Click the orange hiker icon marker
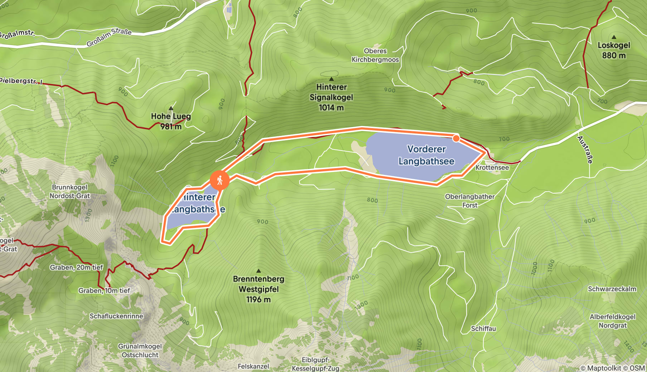(219, 180)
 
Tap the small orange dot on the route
(456, 138)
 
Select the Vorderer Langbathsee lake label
(426, 155)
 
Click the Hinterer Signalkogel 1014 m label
(331, 97)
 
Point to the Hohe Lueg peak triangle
(171, 108)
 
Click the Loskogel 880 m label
(614, 50)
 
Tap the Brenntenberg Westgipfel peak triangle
(258, 271)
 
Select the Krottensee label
(492, 167)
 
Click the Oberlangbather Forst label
(470, 201)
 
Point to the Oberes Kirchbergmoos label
(375, 55)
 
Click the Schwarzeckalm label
(612, 289)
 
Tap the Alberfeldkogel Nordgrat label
(612, 321)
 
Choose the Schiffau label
(483, 328)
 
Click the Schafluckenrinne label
(116, 316)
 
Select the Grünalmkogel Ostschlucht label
(140, 351)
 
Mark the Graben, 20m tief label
(76, 267)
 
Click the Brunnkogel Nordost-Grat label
(70, 191)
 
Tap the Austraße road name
(585, 150)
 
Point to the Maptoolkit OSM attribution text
(612, 368)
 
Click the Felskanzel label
(253, 366)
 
